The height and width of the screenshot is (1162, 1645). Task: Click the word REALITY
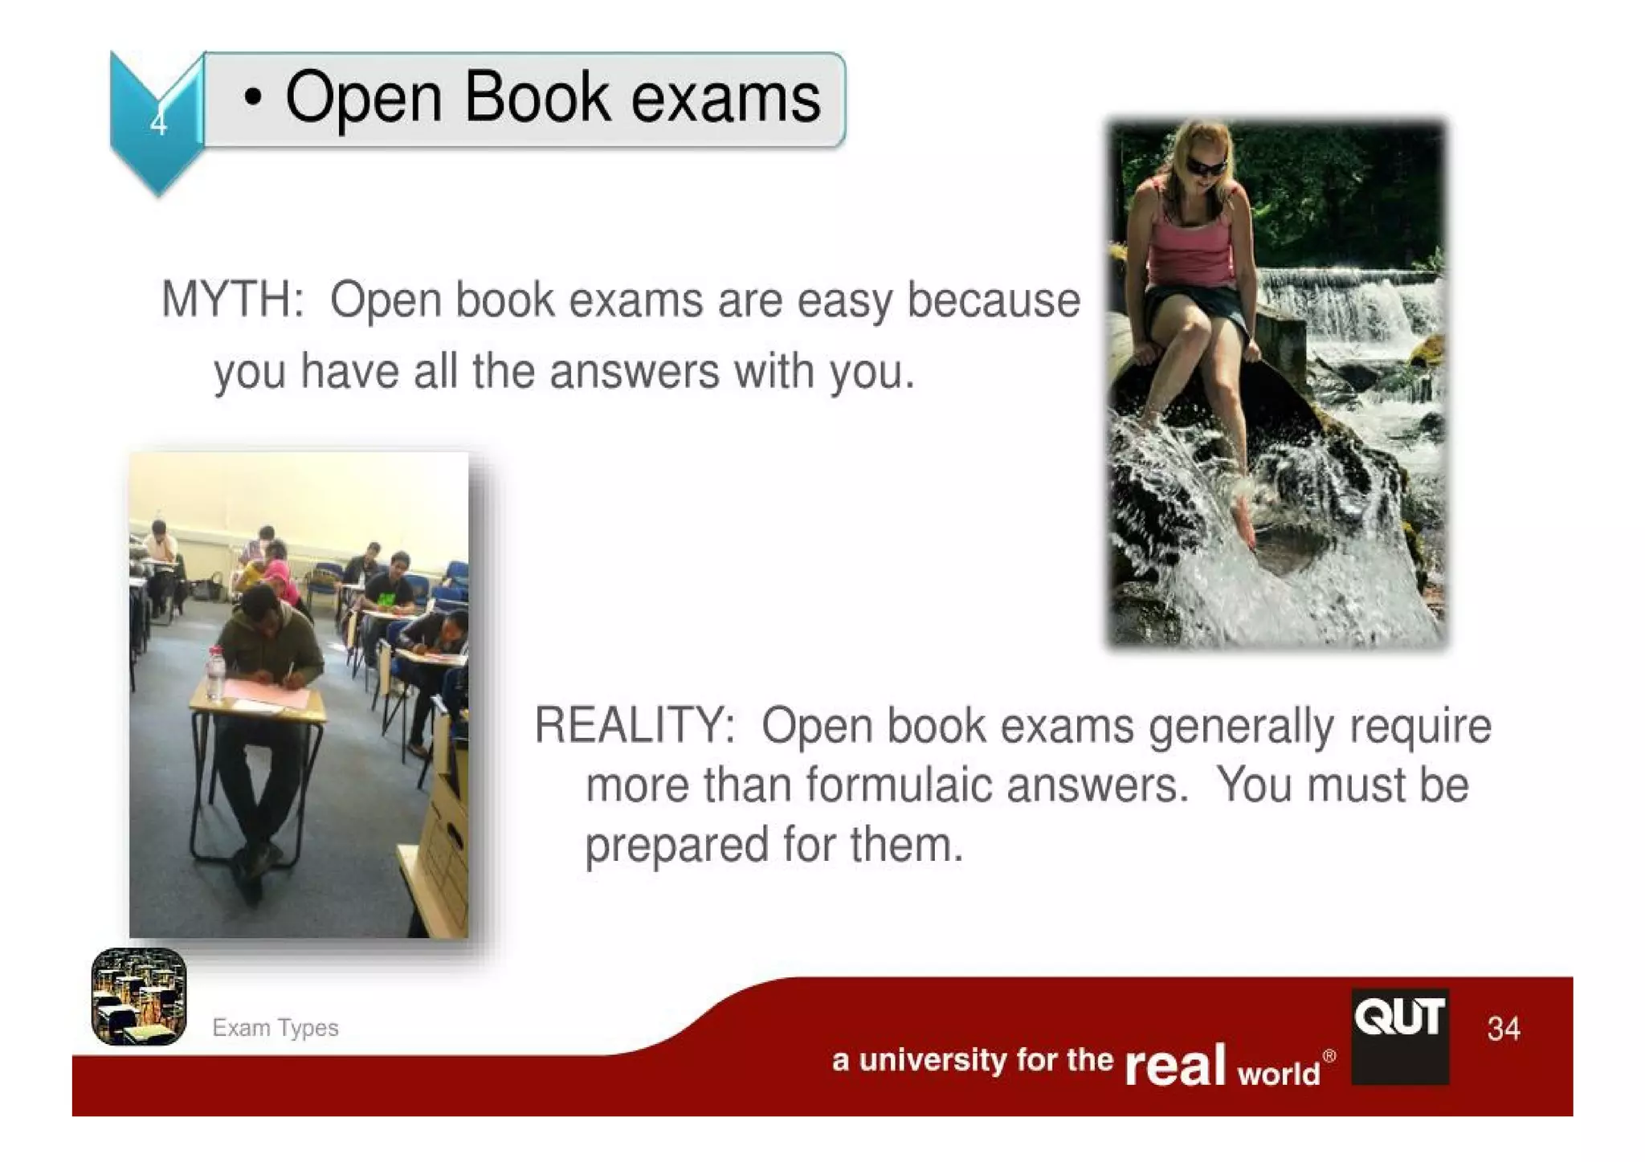634,726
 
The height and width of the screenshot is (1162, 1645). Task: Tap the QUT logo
1399,1035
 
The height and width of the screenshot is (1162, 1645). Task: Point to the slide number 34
1503,1029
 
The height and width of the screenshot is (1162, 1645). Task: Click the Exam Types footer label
275,1028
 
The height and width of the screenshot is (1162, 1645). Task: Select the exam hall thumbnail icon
139,997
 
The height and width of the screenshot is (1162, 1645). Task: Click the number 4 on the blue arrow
158,124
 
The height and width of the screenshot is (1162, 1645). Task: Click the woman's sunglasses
1206,167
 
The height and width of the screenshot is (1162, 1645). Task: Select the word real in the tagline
1175,1066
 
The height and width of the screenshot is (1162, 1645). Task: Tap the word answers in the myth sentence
634,373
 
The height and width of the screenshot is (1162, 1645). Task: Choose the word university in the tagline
932,1061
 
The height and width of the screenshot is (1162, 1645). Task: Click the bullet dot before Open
253,98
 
